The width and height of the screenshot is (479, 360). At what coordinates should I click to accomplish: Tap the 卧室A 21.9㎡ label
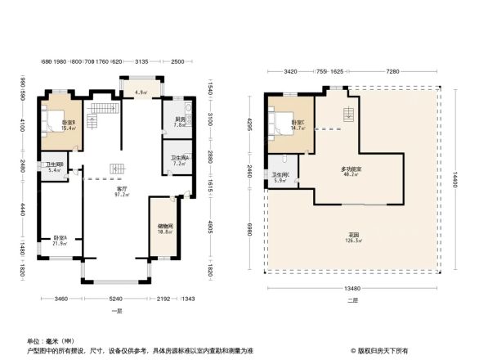point(59,241)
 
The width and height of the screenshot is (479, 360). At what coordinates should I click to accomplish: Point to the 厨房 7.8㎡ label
point(178,123)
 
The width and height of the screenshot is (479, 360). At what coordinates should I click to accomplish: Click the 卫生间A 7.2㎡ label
point(179,160)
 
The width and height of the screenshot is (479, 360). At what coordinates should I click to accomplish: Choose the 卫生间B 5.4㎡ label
point(54,168)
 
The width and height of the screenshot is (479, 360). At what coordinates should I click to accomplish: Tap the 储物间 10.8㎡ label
point(164,229)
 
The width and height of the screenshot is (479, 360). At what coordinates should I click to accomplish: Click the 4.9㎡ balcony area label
point(141,92)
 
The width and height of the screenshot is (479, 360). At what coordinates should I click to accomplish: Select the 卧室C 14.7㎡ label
point(298,125)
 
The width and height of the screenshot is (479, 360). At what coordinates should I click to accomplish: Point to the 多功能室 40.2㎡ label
point(352,172)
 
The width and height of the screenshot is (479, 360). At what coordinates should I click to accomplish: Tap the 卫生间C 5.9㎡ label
point(280,178)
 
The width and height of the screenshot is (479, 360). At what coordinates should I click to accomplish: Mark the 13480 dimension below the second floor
point(351,288)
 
